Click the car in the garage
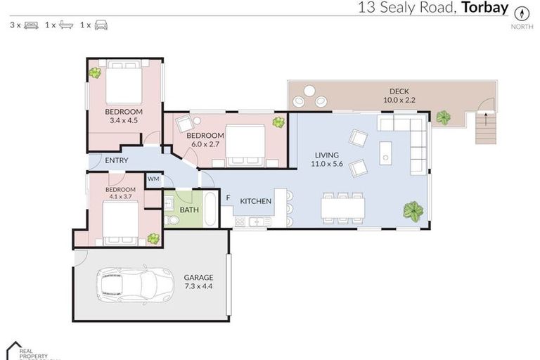(135, 285)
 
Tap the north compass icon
(522, 13)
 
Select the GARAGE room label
(198, 277)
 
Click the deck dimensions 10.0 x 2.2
(399, 101)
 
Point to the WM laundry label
(153, 180)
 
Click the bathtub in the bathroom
(209, 208)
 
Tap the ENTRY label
(116, 160)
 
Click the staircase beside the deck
(485, 129)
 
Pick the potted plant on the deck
(443, 117)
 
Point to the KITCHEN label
(255, 202)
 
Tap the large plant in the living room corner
(413, 211)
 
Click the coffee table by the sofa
(385, 153)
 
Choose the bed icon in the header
(31, 25)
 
